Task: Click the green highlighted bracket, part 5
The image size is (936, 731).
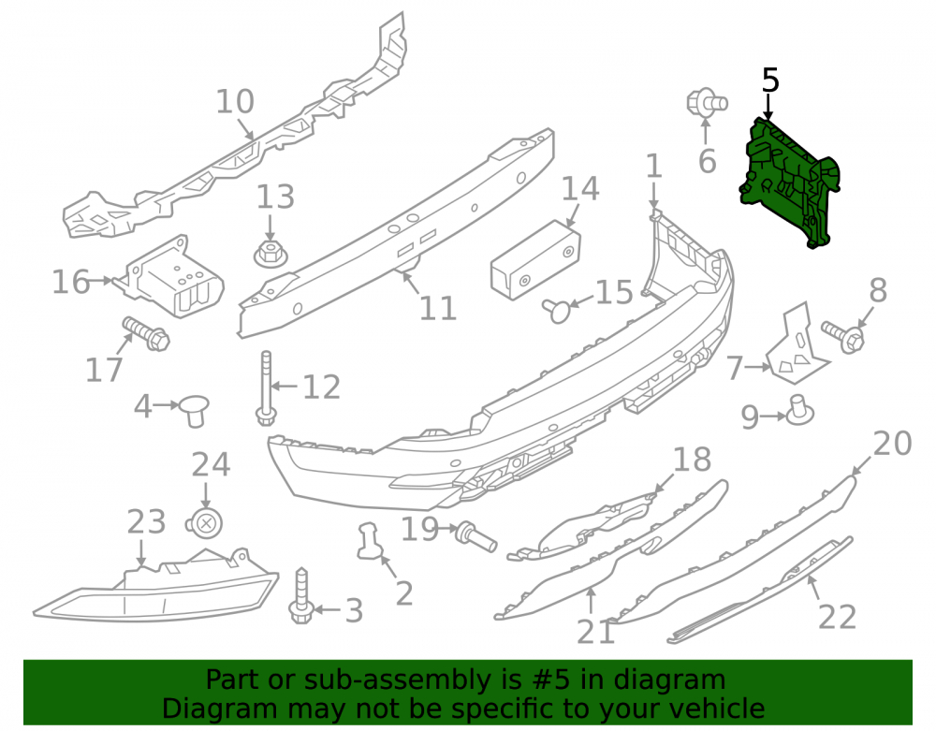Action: click(x=788, y=182)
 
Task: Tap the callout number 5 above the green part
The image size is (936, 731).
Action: click(x=770, y=80)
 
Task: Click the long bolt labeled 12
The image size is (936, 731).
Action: click(x=266, y=387)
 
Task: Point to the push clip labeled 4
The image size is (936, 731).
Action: click(x=194, y=409)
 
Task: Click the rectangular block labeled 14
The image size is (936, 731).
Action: click(x=535, y=259)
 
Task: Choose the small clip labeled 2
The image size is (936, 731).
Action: click(x=370, y=541)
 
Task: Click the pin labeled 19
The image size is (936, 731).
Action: click(x=475, y=536)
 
